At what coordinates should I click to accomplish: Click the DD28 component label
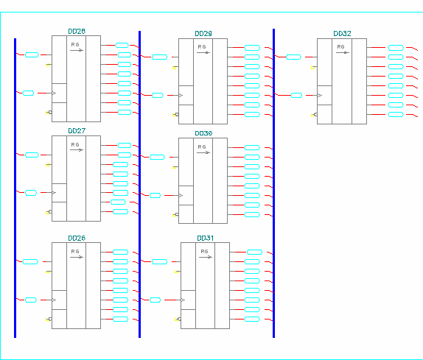(x=77, y=31)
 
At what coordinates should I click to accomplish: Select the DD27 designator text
(x=77, y=131)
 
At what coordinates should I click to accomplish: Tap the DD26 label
(x=77, y=239)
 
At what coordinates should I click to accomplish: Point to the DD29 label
(x=203, y=34)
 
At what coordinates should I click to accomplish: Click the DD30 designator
(x=203, y=133)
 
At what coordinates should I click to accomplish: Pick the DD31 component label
(x=206, y=239)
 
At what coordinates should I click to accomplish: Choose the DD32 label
(x=342, y=34)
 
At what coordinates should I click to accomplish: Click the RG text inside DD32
(x=340, y=47)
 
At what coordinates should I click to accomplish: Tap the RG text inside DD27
(x=75, y=145)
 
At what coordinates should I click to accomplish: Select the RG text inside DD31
(x=204, y=251)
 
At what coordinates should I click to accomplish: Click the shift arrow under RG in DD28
(x=77, y=50)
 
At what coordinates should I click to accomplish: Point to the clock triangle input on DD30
(x=181, y=195)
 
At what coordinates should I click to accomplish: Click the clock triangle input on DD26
(x=54, y=300)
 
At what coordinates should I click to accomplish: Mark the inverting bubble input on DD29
(x=177, y=115)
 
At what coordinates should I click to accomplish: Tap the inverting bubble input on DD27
(x=50, y=212)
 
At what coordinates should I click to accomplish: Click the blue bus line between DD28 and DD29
(x=140, y=184)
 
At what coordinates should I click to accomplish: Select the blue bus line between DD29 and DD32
(x=274, y=183)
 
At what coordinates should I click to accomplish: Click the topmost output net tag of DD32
(x=396, y=48)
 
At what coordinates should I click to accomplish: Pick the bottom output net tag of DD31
(x=252, y=320)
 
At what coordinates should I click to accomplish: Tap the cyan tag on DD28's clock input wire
(x=28, y=93)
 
